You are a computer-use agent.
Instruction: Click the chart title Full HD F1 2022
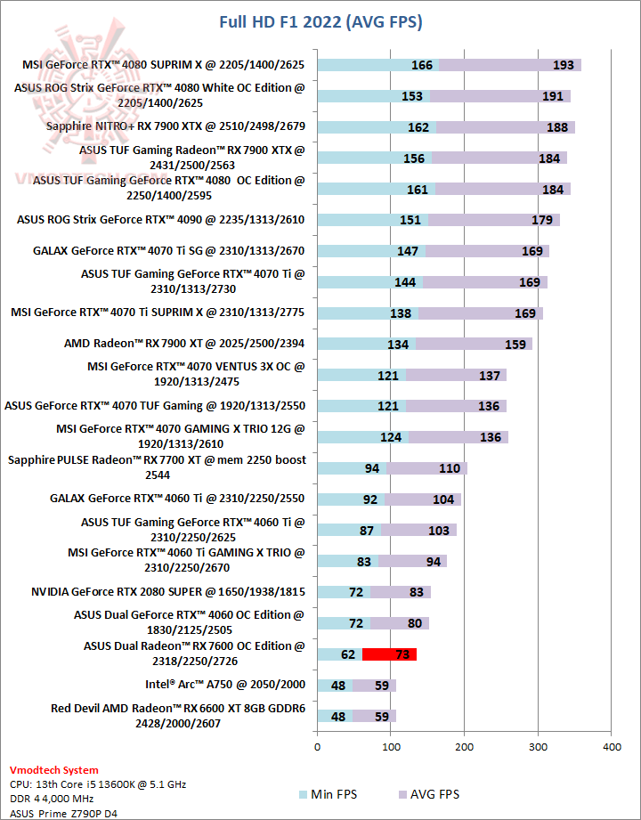coord(320,21)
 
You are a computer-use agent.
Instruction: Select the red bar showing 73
coord(390,654)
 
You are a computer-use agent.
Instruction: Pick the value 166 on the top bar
coord(422,65)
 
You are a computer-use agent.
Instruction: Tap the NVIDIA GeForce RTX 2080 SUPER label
coord(167,591)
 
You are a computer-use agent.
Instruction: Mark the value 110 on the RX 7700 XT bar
coord(449,468)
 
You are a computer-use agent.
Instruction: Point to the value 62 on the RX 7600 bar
coord(348,654)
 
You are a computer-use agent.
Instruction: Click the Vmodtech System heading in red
coord(53,770)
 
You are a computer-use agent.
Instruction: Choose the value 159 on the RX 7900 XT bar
coord(515,344)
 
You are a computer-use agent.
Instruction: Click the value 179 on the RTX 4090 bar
coord(542,220)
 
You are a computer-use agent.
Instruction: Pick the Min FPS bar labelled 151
coord(373,220)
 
